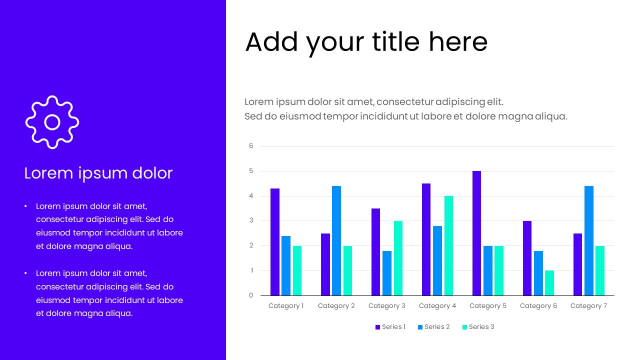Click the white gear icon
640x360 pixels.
(x=52, y=122)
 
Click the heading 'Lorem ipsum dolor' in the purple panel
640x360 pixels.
(x=98, y=173)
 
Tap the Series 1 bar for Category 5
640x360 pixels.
(x=476, y=233)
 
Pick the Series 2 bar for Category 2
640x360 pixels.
(x=336, y=240)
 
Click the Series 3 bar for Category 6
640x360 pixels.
(x=549, y=283)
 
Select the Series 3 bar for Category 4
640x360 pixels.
(x=448, y=245)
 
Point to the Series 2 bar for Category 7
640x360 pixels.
(x=589, y=240)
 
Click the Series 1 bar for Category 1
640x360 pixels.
(x=275, y=242)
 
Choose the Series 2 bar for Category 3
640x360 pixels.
(x=387, y=273)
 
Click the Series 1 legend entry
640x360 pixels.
(x=390, y=327)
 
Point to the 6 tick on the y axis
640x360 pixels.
(x=251, y=146)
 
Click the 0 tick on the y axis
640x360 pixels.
(x=251, y=295)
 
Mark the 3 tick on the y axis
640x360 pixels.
(x=251, y=220)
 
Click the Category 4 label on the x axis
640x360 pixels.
(x=437, y=306)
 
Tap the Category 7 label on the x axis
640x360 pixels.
(x=588, y=306)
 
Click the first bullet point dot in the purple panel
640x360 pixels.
(x=25, y=206)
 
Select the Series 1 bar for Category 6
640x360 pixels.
(x=527, y=258)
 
